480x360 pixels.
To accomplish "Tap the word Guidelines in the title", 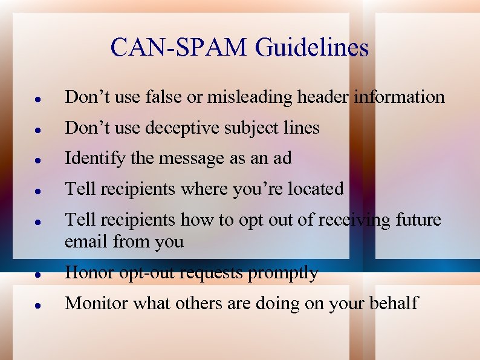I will (x=312, y=48).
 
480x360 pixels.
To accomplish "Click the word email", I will (x=86, y=242).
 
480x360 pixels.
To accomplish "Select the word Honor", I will (x=88, y=273).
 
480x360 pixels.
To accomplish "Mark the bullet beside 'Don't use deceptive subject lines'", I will (x=37, y=129).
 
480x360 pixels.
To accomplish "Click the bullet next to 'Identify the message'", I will (x=37, y=160).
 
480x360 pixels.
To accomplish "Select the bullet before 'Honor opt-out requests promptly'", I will (x=37, y=274).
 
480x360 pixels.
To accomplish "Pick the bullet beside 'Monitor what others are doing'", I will (x=37, y=304).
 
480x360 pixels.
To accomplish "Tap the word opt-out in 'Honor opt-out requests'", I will (x=144, y=273).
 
